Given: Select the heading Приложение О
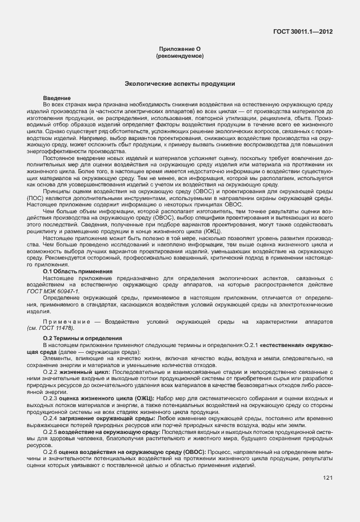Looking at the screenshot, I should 179,50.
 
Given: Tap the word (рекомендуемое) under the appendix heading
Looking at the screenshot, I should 179,57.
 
